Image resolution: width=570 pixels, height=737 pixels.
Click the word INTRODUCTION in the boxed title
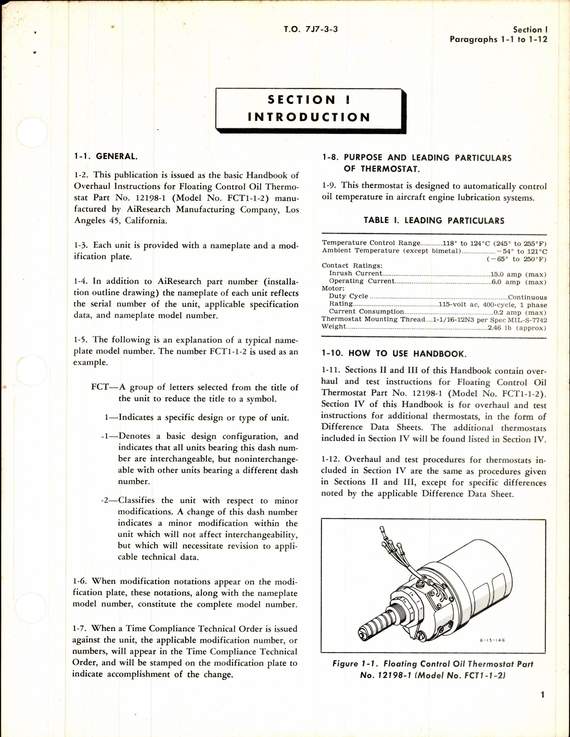[309, 117]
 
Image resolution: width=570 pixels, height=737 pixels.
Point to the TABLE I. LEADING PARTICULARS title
[434, 221]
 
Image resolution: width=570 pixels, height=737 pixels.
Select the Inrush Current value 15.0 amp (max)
[519, 275]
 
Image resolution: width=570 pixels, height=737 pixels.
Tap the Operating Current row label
[361, 281]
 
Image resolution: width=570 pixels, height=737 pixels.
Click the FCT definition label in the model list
[100, 387]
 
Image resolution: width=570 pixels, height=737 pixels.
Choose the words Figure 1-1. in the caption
[355, 664]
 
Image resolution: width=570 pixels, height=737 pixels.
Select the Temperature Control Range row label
[371, 243]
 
